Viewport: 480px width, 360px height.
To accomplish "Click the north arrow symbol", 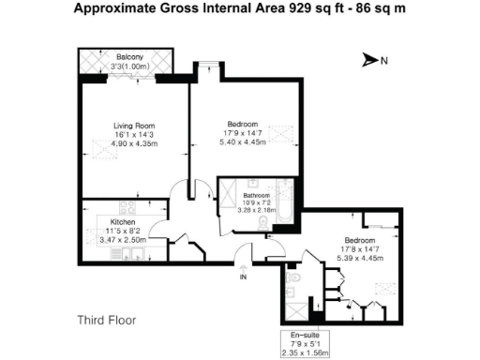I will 369,61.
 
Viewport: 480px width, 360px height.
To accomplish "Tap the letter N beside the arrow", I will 383,61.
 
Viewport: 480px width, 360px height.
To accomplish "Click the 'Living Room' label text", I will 134,126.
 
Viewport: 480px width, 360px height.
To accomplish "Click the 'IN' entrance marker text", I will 243,277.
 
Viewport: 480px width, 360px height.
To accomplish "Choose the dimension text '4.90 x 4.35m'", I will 134,143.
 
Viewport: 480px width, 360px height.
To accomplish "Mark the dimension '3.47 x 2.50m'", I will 123,240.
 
